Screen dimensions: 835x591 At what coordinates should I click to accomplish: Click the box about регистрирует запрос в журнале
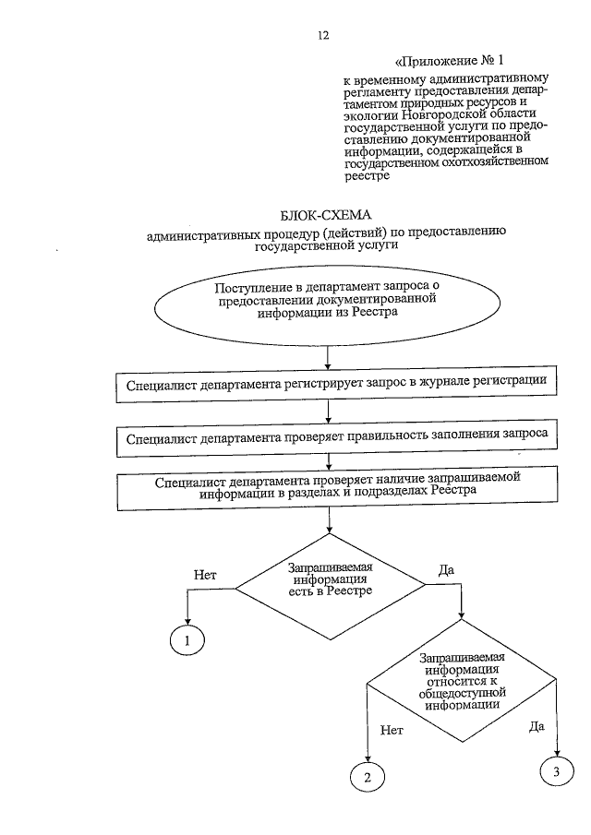click(x=336, y=381)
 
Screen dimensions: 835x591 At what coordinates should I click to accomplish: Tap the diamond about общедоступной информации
click(x=460, y=684)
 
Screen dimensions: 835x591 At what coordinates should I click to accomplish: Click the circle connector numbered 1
click(x=188, y=639)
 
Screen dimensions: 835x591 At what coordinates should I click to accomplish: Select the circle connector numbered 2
click(x=367, y=777)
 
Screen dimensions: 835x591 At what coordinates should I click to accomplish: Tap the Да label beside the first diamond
click(x=446, y=569)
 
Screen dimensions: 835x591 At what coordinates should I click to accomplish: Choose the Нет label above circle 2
click(x=392, y=729)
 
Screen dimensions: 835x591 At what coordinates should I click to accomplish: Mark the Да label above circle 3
click(x=537, y=726)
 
